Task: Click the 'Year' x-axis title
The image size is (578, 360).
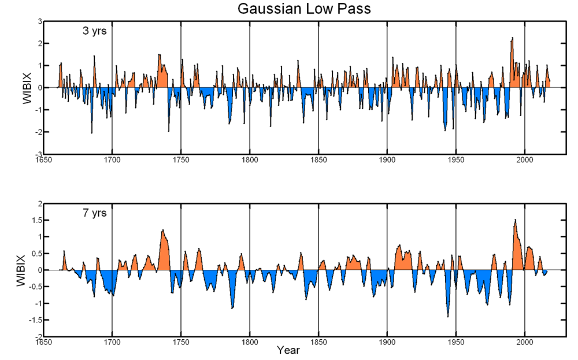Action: coord(287,350)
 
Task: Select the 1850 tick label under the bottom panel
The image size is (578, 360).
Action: coord(318,342)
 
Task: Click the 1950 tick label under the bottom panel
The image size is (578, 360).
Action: coord(455,342)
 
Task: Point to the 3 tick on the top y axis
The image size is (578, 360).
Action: coord(39,21)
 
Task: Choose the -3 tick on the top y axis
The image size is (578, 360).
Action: coord(38,154)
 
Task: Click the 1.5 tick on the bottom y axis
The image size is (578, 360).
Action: coord(35,220)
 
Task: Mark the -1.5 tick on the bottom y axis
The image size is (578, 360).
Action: coord(34,320)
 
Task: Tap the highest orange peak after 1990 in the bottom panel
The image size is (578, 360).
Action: coord(515,221)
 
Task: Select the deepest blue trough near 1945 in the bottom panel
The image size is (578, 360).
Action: coord(447,316)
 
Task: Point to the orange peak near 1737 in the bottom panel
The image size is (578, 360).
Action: coord(163,231)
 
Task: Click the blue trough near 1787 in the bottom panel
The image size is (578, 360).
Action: coord(232,307)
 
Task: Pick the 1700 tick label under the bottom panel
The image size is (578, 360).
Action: coord(112,342)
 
